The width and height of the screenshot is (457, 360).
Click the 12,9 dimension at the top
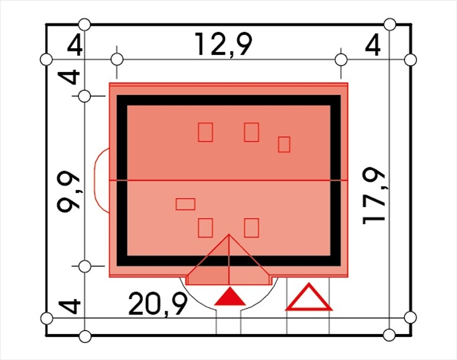223,45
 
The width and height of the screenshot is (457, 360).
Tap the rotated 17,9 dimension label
374,196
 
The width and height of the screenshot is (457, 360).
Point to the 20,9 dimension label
158,305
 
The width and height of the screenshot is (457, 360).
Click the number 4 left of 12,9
75,45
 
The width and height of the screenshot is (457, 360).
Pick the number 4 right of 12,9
373,45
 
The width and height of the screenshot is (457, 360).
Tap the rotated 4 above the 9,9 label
68,77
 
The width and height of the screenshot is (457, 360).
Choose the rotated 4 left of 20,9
68,306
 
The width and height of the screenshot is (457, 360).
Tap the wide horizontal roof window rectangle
185,204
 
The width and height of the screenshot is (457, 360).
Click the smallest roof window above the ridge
284,145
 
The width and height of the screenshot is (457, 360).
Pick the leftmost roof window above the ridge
205,132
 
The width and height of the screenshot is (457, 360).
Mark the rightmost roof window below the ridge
252,228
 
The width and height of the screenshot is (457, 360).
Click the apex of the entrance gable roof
229,234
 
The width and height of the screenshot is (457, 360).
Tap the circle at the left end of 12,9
117,60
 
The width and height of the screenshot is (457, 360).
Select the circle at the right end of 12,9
341,60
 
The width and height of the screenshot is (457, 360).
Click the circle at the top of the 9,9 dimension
84,96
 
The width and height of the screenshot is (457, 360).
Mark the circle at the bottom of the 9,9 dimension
84,266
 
